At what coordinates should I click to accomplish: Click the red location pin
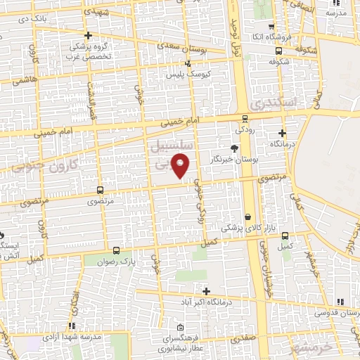pyautogui.click(x=181, y=165)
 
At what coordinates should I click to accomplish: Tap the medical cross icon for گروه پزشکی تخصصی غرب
pyautogui.click(x=87, y=36)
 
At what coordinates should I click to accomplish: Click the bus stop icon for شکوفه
pyautogui.click(x=279, y=51)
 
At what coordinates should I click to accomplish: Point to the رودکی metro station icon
pyautogui.click(x=244, y=118)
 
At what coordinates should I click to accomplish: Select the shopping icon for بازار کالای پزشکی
pyautogui.click(x=247, y=217)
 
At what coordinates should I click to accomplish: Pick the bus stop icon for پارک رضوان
pyautogui.click(x=116, y=250)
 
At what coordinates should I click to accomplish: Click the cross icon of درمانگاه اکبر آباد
pyautogui.click(x=206, y=290)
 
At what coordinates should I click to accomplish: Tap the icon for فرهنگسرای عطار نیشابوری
pyautogui.click(x=181, y=328)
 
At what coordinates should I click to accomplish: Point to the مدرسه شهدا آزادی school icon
pyautogui.click(x=72, y=326)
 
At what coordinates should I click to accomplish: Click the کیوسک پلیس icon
pyautogui.click(x=187, y=64)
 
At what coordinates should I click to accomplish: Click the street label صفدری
pyautogui.click(x=245, y=337)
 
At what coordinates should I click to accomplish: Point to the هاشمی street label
pyautogui.click(x=25, y=80)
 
